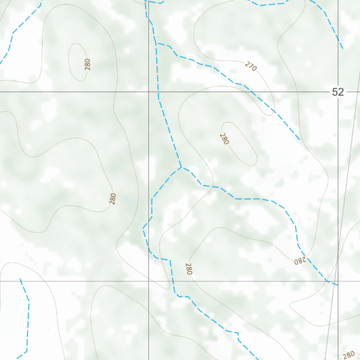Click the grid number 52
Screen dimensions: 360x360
(337, 92)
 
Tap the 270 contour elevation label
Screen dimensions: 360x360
(251, 66)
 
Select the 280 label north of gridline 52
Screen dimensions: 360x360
(88, 64)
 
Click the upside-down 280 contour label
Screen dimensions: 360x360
(300, 261)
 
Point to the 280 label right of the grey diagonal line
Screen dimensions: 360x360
(348, 354)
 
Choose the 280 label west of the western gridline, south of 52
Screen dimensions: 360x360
(112, 199)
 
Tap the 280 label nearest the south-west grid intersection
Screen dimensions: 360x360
(189, 269)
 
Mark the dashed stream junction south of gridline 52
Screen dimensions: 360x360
(181, 167)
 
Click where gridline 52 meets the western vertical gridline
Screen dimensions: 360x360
(148, 92)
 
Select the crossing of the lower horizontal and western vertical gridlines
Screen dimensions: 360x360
(148, 281)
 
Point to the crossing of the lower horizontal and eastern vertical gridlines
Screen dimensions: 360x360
(338, 281)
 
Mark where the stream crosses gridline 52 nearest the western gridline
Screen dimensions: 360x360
(158, 92)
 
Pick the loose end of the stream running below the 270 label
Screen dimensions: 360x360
(300, 140)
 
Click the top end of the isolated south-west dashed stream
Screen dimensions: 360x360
(20, 279)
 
